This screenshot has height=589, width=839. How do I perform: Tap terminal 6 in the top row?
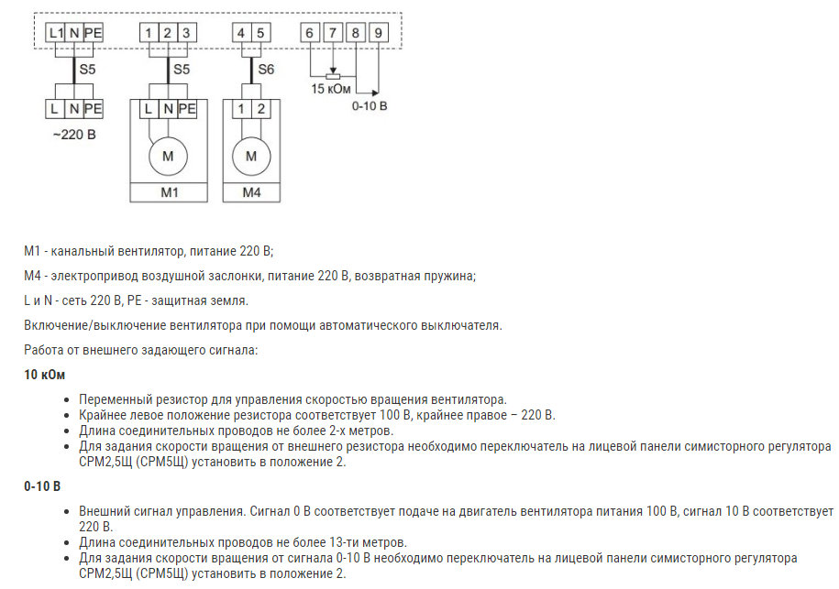(x=310, y=33)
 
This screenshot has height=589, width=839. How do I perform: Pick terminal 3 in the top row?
(x=186, y=33)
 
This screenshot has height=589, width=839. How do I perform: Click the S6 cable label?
(x=266, y=70)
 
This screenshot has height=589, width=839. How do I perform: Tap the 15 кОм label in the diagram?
(x=330, y=89)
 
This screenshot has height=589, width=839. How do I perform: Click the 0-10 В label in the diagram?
(x=370, y=106)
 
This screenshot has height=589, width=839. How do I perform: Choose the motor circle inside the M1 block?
(x=168, y=156)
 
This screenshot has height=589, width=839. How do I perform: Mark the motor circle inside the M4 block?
(x=251, y=156)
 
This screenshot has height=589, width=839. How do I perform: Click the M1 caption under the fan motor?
(x=168, y=192)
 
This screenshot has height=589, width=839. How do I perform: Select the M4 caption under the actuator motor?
(x=251, y=192)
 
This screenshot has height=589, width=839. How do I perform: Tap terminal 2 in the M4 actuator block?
(x=262, y=109)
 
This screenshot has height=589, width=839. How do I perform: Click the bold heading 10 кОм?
(x=45, y=376)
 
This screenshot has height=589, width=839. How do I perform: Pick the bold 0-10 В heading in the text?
(x=42, y=485)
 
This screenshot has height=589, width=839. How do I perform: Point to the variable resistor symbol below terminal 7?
(x=333, y=76)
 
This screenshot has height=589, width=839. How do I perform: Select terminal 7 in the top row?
(x=333, y=33)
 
